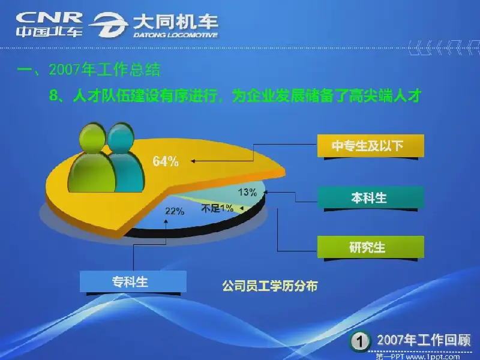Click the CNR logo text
coord(49,18)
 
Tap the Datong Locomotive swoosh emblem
coord(109,25)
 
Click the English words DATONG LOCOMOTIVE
coord(175,35)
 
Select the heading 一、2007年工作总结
coord(89,70)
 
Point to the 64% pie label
coord(166,161)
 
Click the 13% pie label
coord(247,192)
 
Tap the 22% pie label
coord(175,211)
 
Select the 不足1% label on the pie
coord(217,208)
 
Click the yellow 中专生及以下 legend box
coord(370,146)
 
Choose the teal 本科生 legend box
coord(370,197)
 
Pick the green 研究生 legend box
coord(370,247)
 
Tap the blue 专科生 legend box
coord(133,281)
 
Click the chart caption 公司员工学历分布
coord(269,286)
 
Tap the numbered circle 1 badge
coord(359,341)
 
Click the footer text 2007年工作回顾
coord(424,340)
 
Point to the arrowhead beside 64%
coord(193,161)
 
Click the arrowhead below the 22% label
coord(166,220)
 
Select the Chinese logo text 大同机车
coord(175,22)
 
